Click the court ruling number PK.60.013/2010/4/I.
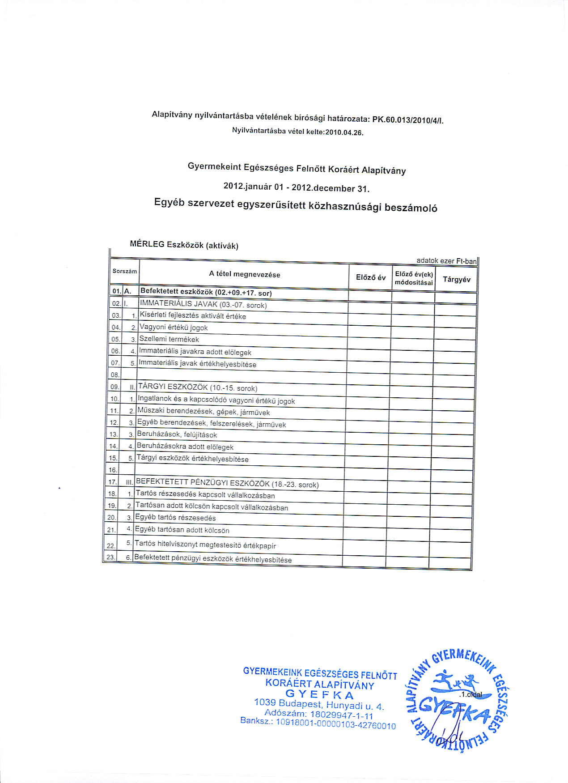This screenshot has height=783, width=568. click(x=407, y=120)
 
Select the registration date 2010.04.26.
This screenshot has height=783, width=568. click(x=344, y=132)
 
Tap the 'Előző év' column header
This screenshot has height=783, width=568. click(x=370, y=277)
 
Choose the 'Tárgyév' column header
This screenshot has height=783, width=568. click(x=456, y=280)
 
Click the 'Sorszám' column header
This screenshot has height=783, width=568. click(x=125, y=271)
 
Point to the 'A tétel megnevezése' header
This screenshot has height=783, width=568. click(x=244, y=274)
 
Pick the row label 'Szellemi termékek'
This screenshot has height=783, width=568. click(x=169, y=339)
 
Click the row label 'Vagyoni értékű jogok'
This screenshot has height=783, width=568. click(x=174, y=328)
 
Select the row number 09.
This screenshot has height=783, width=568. click(x=115, y=387)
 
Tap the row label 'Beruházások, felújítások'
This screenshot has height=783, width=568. click(x=177, y=434)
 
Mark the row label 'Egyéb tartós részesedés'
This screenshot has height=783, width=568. click(x=175, y=518)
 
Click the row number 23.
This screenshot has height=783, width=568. click(x=110, y=557)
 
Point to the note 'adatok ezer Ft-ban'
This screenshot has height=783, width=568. click(x=446, y=261)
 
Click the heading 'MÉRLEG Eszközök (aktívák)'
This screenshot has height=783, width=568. click(x=184, y=245)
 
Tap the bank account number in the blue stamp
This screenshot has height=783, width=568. click(x=335, y=724)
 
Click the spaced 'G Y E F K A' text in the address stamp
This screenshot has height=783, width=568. click(x=319, y=695)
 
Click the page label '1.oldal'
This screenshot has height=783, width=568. click(x=471, y=694)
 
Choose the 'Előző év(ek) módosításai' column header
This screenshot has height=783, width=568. click(x=414, y=278)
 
